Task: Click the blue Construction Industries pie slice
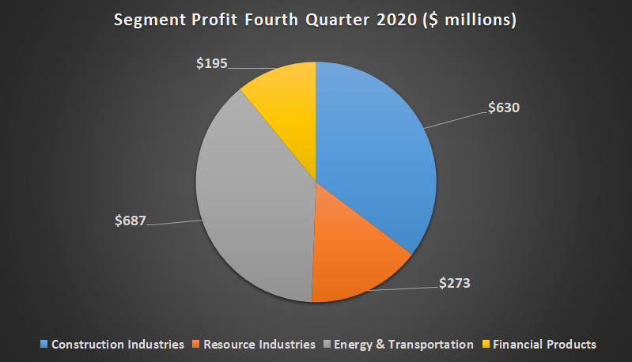(x=372, y=158)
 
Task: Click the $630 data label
(x=503, y=107)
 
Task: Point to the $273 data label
(x=455, y=281)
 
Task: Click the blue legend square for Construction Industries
(x=44, y=345)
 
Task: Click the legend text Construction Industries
(x=118, y=345)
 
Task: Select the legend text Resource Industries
(x=259, y=345)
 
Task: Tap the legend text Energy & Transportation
(x=403, y=345)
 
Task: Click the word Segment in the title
(x=147, y=21)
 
